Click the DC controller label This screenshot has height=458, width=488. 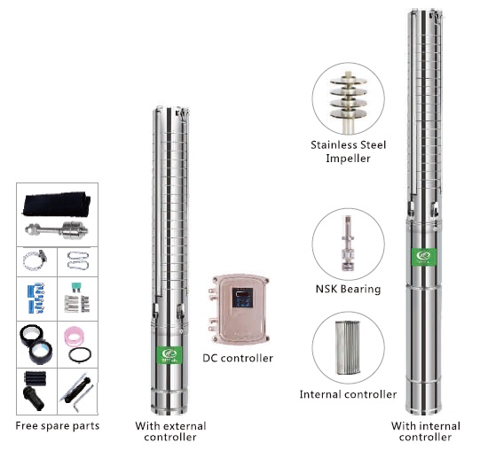coord(238,358)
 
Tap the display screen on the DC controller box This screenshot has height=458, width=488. coord(242,298)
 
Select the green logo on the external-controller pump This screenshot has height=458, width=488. coord(170,354)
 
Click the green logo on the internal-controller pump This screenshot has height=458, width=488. coord(424,257)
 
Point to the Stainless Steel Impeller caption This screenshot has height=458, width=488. coord(349,151)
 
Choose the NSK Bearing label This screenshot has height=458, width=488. coord(348,289)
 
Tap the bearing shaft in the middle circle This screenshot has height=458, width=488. coord(348,244)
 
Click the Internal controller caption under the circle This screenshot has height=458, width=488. coord(348,394)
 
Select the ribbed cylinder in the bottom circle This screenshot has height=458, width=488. coord(348,347)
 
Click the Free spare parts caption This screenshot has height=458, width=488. coord(58,426)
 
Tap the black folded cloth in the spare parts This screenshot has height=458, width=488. coord(57,204)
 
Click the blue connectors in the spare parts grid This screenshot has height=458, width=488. coord(35,298)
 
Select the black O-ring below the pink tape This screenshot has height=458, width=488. coord(80,354)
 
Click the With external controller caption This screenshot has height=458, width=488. coord(170,431)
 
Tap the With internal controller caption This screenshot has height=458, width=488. coord(425,431)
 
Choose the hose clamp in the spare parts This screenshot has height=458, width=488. coord(35,260)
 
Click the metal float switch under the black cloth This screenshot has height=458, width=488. coord(56,230)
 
